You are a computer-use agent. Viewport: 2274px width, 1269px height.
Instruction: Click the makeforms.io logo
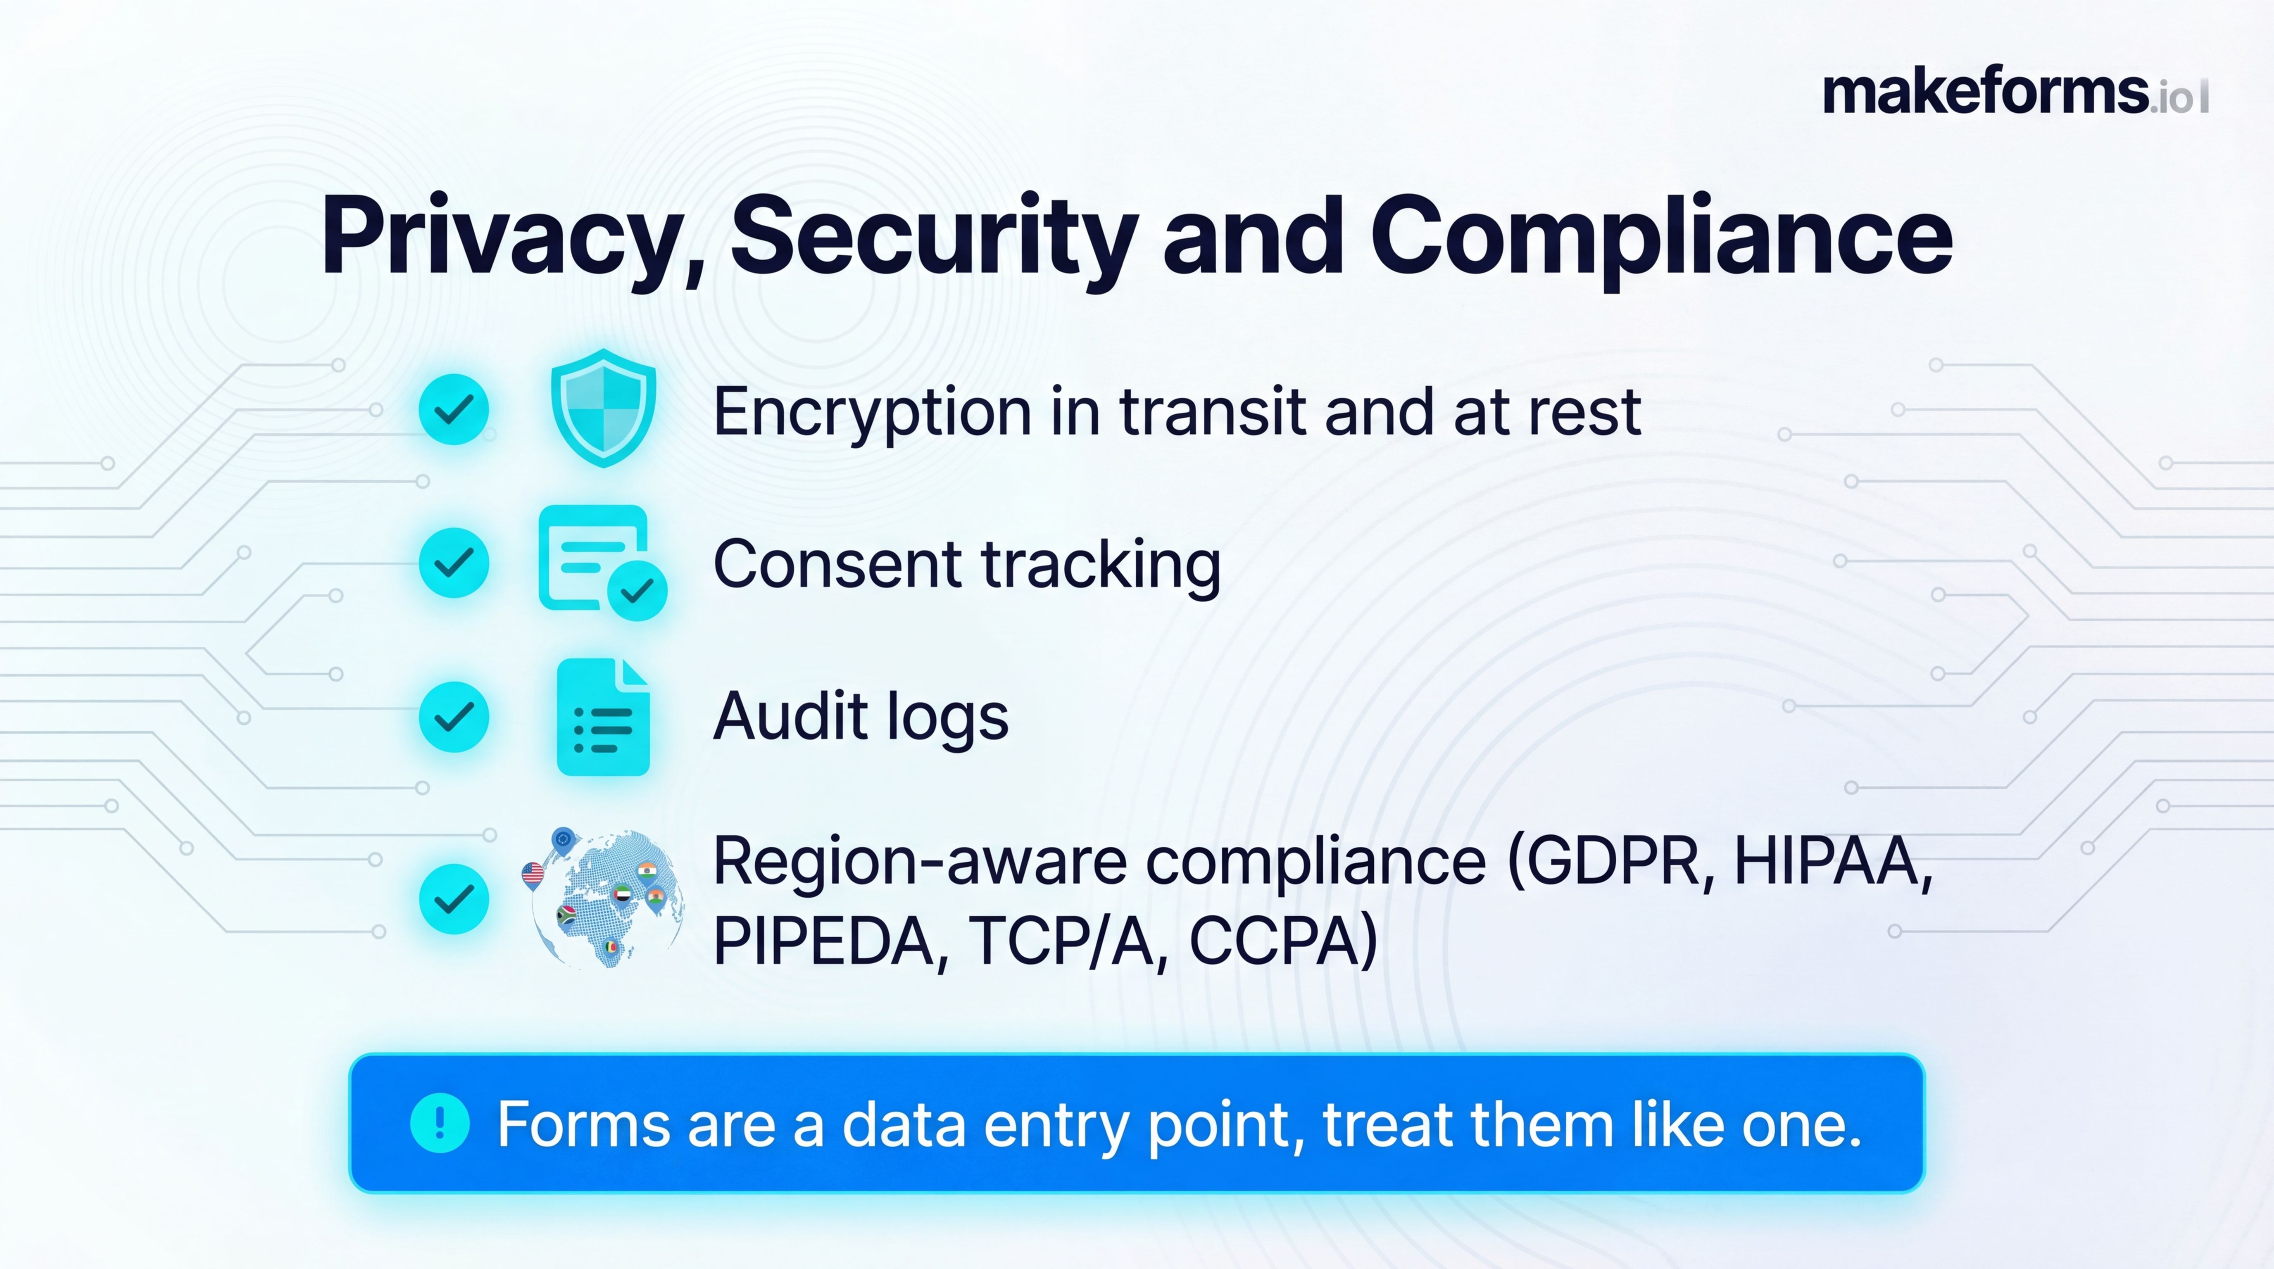point(2015,93)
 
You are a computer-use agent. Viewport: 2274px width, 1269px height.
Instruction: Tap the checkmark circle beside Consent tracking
point(454,562)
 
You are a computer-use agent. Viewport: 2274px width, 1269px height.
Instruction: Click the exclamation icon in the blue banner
point(440,1122)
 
